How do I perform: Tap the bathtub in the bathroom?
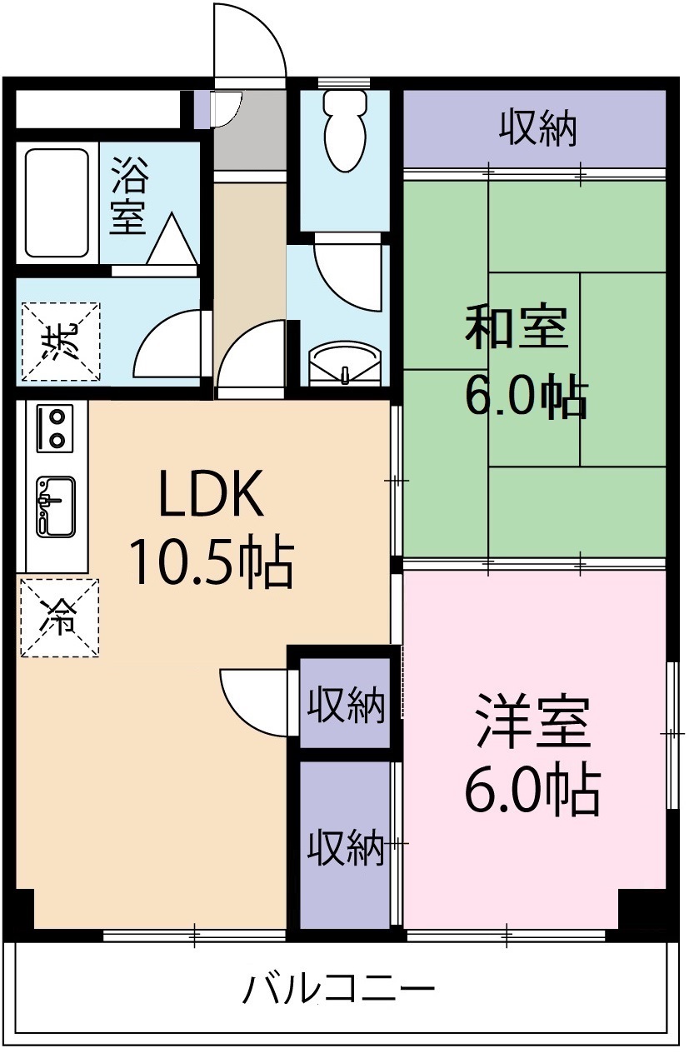click(57, 202)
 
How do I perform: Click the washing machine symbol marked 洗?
click(60, 342)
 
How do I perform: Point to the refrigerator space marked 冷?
click(60, 617)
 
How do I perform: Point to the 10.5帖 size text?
click(210, 562)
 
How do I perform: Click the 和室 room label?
click(517, 327)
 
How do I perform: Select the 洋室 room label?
click(533, 722)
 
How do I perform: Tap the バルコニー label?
click(339, 991)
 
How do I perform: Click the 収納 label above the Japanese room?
click(538, 129)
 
